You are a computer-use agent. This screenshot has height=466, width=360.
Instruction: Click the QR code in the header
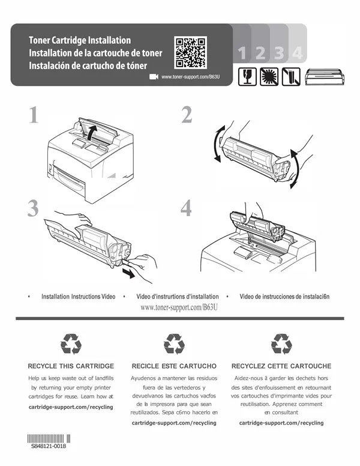[190, 53]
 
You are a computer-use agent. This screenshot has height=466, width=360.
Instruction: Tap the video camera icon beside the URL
[154, 77]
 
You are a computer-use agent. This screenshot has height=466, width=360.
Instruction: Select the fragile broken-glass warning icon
[247, 77]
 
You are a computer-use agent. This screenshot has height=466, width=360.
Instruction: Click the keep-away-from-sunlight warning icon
[269, 77]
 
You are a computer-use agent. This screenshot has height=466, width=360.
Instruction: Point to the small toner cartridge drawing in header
[325, 77]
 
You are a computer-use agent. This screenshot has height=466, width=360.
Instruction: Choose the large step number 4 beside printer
[186, 208]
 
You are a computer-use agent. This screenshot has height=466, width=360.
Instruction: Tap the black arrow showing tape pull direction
[128, 273]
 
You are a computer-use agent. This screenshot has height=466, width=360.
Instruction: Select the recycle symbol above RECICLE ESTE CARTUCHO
[174, 344]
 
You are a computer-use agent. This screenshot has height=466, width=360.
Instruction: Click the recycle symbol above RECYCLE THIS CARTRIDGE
[71, 344]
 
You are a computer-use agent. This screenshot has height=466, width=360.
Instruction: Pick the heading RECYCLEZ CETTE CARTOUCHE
[281, 366]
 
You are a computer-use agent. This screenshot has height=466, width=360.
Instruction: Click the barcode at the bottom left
[49, 438]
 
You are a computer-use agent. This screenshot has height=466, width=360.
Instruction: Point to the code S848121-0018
[49, 446]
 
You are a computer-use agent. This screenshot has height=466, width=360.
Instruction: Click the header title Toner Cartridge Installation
[80, 40]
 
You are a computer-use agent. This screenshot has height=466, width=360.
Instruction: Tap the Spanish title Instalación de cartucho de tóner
[88, 65]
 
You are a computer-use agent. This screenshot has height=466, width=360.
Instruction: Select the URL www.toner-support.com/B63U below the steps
[179, 307]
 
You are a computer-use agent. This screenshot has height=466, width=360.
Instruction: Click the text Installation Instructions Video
[79, 296]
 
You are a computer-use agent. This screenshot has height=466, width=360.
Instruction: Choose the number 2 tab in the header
[260, 53]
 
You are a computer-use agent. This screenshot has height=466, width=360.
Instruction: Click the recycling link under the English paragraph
[71, 407]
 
